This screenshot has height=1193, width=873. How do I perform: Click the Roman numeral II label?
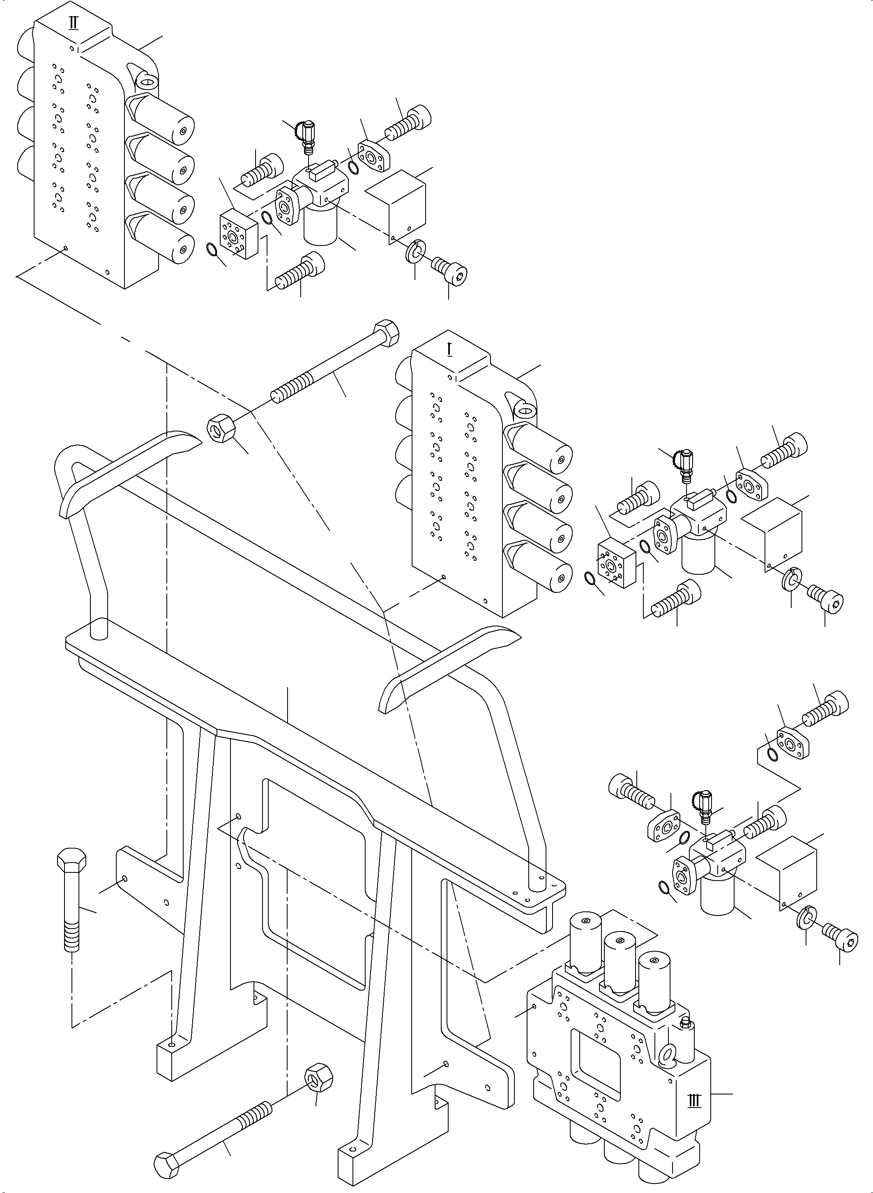pyautogui.click(x=74, y=24)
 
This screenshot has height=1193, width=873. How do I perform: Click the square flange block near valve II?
pyautogui.click(x=238, y=234)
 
